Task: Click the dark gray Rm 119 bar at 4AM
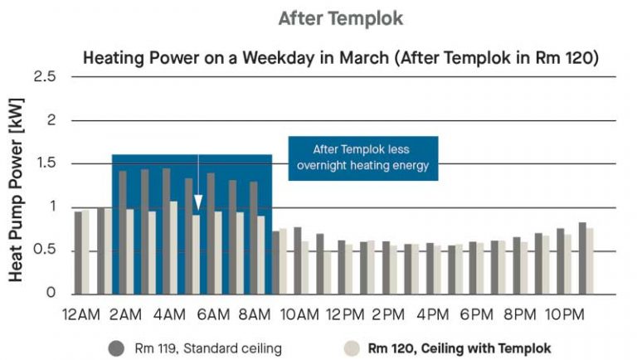tap(166, 231)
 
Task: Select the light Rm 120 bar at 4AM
tap(173, 248)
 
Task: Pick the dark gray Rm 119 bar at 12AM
tap(79, 253)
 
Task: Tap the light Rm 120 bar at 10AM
tap(305, 268)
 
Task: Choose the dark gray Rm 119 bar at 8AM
tap(254, 238)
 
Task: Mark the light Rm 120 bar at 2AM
tap(129, 251)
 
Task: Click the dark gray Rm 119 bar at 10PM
tap(561, 261)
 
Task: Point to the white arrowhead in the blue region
tap(198, 202)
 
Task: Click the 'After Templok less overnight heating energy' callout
tap(363, 158)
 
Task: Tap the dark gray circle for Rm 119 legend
tap(116, 348)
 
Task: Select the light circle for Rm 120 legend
tap(352, 348)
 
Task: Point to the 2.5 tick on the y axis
tap(45, 76)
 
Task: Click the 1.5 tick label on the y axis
tap(46, 163)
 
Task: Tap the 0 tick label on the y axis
tap(51, 292)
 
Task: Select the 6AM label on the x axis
tap(213, 314)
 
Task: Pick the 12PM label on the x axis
tap(345, 314)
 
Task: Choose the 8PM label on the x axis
tap(520, 314)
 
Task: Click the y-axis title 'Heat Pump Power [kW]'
tap(17, 190)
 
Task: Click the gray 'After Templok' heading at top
tap(341, 18)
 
